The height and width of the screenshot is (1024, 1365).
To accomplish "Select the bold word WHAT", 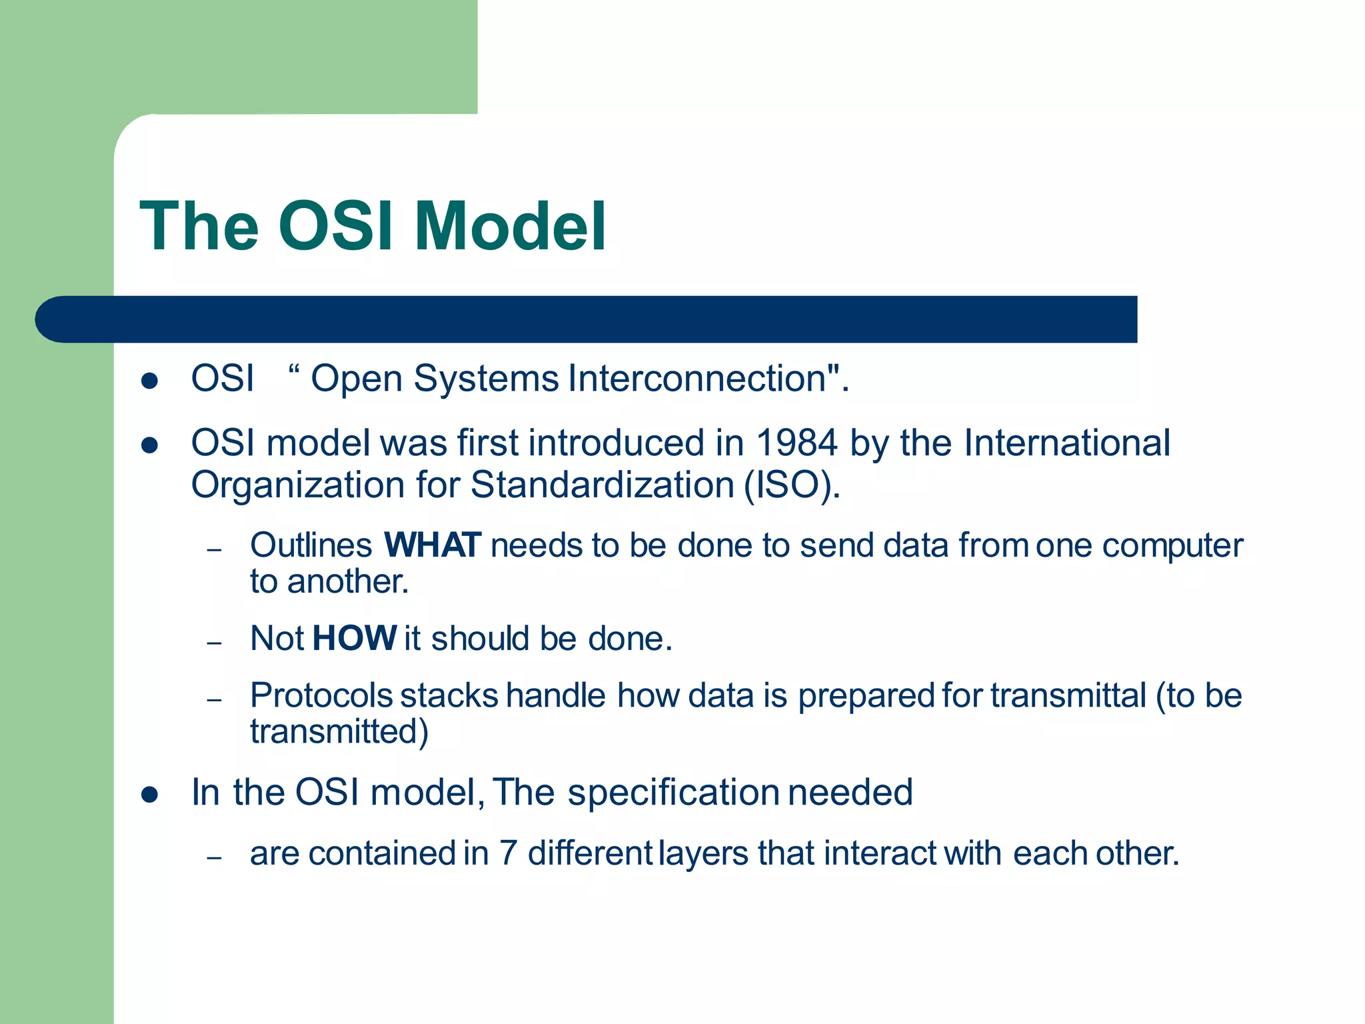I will [x=432, y=545].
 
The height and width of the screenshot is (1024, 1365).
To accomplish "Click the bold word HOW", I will [x=354, y=639].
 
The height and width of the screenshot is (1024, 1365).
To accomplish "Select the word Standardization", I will [x=602, y=485].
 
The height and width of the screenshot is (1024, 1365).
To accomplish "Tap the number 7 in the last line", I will [x=508, y=853].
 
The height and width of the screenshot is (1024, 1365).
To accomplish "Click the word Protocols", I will [x=321, y=696].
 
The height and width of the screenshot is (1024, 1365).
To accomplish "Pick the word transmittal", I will [x=1068, y=696].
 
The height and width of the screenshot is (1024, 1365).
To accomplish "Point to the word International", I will [x=1067, y=443].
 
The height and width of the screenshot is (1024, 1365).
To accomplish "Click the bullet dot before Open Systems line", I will [x=149, y=381].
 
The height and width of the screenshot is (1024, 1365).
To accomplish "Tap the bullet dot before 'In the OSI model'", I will [x=149, y=795].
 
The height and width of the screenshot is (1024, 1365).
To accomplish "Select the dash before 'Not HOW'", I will [x=214, y=643].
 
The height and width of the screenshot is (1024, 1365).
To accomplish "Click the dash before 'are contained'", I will [x=214, y=858].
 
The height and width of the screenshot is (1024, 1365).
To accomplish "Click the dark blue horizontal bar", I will [x=587, y=319].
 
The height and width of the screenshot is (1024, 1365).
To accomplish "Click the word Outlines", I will [x=311, y=545].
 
